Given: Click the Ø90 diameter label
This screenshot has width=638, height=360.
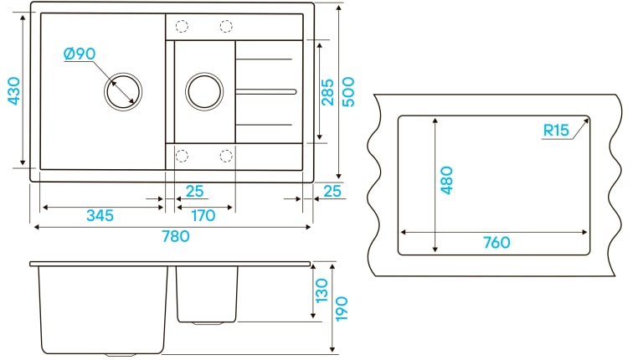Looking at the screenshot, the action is [80, 54].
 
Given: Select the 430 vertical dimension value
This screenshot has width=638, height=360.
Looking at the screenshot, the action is [14, 90].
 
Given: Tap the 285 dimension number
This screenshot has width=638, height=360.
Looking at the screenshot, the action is [327, 92].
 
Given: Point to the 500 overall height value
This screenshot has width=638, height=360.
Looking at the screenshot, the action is [348, 92].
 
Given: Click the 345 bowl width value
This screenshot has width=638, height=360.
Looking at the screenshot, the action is [100, 215].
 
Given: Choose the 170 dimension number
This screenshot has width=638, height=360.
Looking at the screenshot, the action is [203, 215].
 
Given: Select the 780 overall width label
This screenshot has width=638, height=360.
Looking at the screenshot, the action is [176, 236].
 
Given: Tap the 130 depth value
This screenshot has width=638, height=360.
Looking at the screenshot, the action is [322, 291].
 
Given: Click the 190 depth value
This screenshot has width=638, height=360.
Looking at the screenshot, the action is [342, 309].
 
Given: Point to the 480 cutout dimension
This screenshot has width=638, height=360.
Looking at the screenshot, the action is [446, 180].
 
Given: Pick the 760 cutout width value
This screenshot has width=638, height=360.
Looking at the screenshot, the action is [497, 243].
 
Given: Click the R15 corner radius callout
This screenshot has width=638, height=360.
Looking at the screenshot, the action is [556, 130].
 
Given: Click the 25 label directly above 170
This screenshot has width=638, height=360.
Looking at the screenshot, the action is [194, 191].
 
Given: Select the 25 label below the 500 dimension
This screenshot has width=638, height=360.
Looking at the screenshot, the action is [332, 191].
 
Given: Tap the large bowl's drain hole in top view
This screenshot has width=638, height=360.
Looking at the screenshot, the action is [123, 91].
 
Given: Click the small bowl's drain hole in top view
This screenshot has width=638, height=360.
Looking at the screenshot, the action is [204, 91].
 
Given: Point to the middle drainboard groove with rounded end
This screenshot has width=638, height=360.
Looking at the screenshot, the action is [266, 92].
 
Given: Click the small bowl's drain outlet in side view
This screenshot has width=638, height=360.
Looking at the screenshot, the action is [207, 323].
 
